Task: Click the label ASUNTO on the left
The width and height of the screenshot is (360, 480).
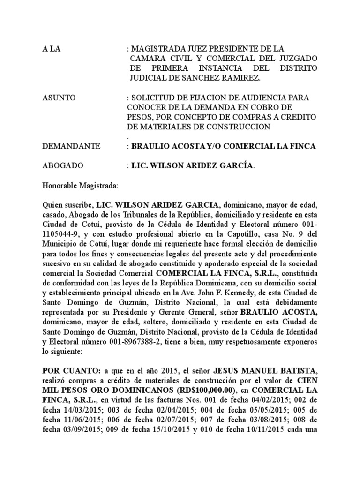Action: [59, 97]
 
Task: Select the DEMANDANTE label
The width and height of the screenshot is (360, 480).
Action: [71, 146]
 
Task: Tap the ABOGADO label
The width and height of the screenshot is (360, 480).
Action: [63, 166]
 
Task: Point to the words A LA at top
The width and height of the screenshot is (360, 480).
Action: [52, 48]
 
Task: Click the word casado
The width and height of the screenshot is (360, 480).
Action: [53, 214]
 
